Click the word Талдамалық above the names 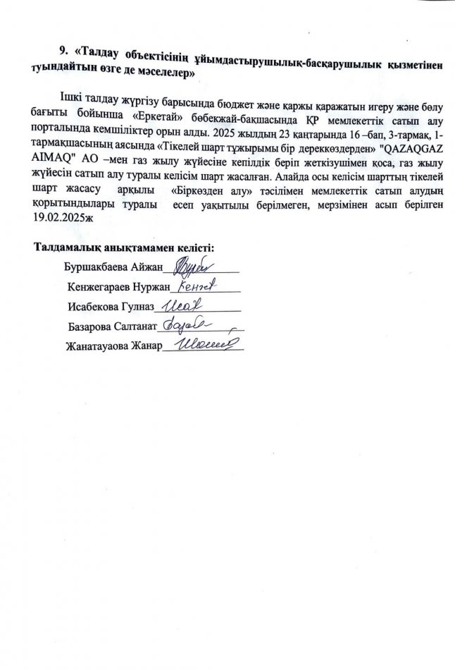pos(66,248)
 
